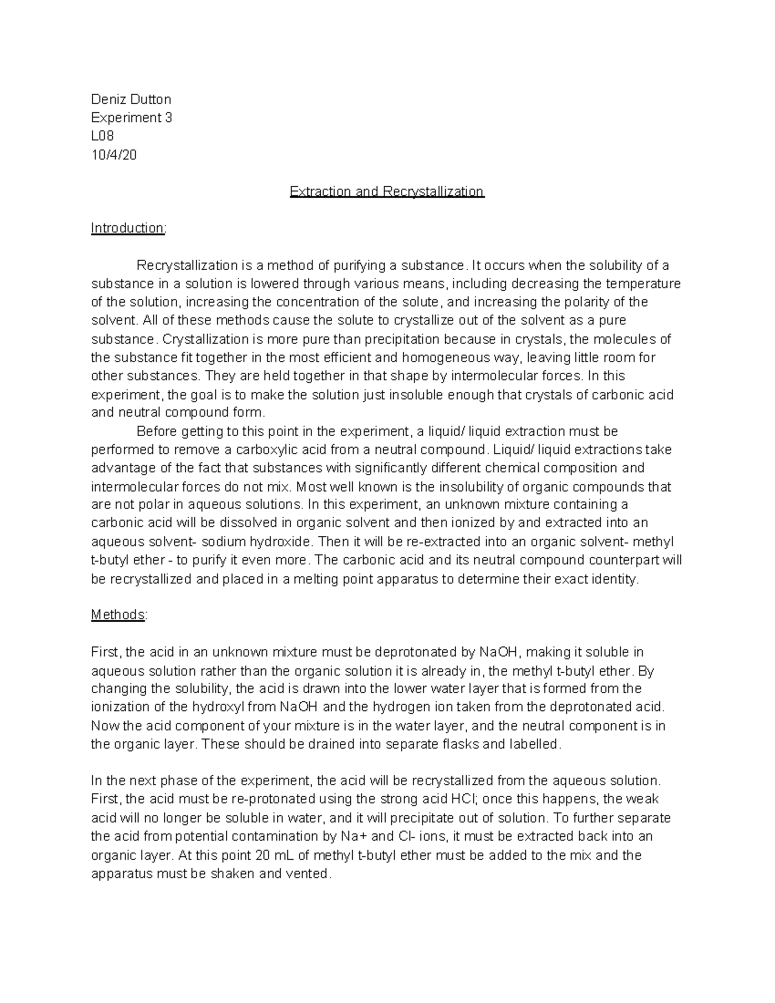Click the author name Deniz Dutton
tap(131, 99)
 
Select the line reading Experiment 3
tap(131, 118)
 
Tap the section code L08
tap(102, 136)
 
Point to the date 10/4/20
tap(114, 155)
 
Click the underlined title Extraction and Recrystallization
tap(387, 192)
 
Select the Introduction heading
tap(128, 228)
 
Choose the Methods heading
tap(119, 615)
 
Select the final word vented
tap(309, 874)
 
